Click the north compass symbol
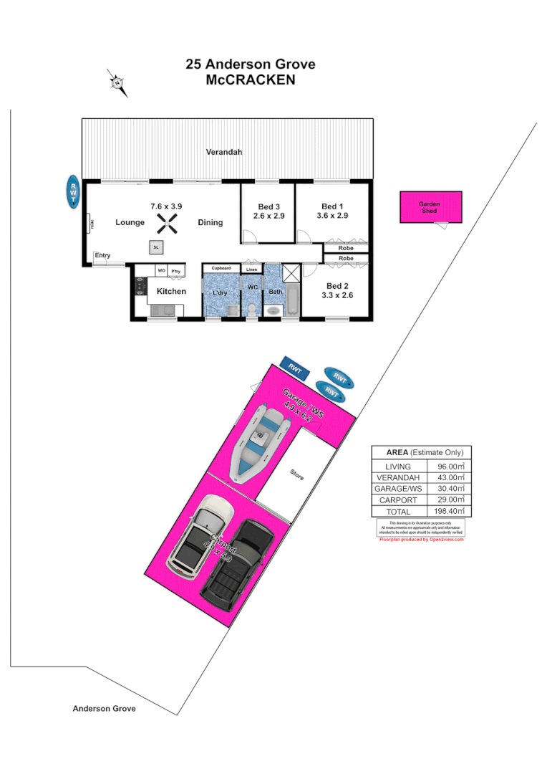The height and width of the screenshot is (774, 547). [x=117, y=83]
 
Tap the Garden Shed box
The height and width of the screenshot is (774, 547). [x=430, y=207]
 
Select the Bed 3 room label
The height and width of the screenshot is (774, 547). [x=268, y=206]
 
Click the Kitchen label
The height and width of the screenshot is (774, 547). [x=171, y=291]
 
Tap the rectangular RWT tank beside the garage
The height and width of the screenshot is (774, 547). [x=294, y=368]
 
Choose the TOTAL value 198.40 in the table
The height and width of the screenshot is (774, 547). [x=450, y=511]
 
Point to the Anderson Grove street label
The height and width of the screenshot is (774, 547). [x=104, y=708]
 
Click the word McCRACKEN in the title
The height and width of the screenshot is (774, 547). [x=250, y=80]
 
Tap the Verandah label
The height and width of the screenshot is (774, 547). [x=224, y=152]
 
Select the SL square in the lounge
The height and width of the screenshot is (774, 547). [x=155, y=247]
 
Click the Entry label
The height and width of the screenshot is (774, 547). [x=102, y=256]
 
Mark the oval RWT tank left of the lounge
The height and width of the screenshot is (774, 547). [x=72, y=191]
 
